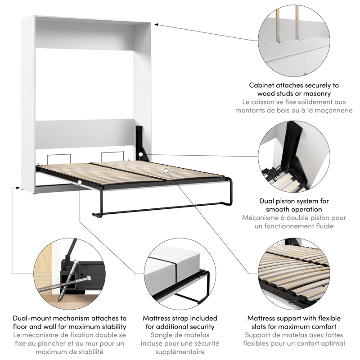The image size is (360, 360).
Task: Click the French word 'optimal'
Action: [x=331, y=344]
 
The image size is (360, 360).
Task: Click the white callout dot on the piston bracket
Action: [x=141, y=155]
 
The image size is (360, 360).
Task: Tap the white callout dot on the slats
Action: [x=166, y=171]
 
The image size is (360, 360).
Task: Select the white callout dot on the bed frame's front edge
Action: [x=80, y=182]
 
